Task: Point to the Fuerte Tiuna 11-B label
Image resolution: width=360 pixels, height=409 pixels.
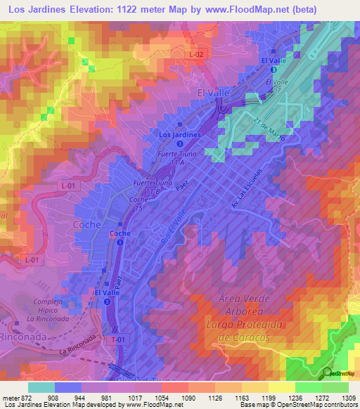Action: tap(148, 187)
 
